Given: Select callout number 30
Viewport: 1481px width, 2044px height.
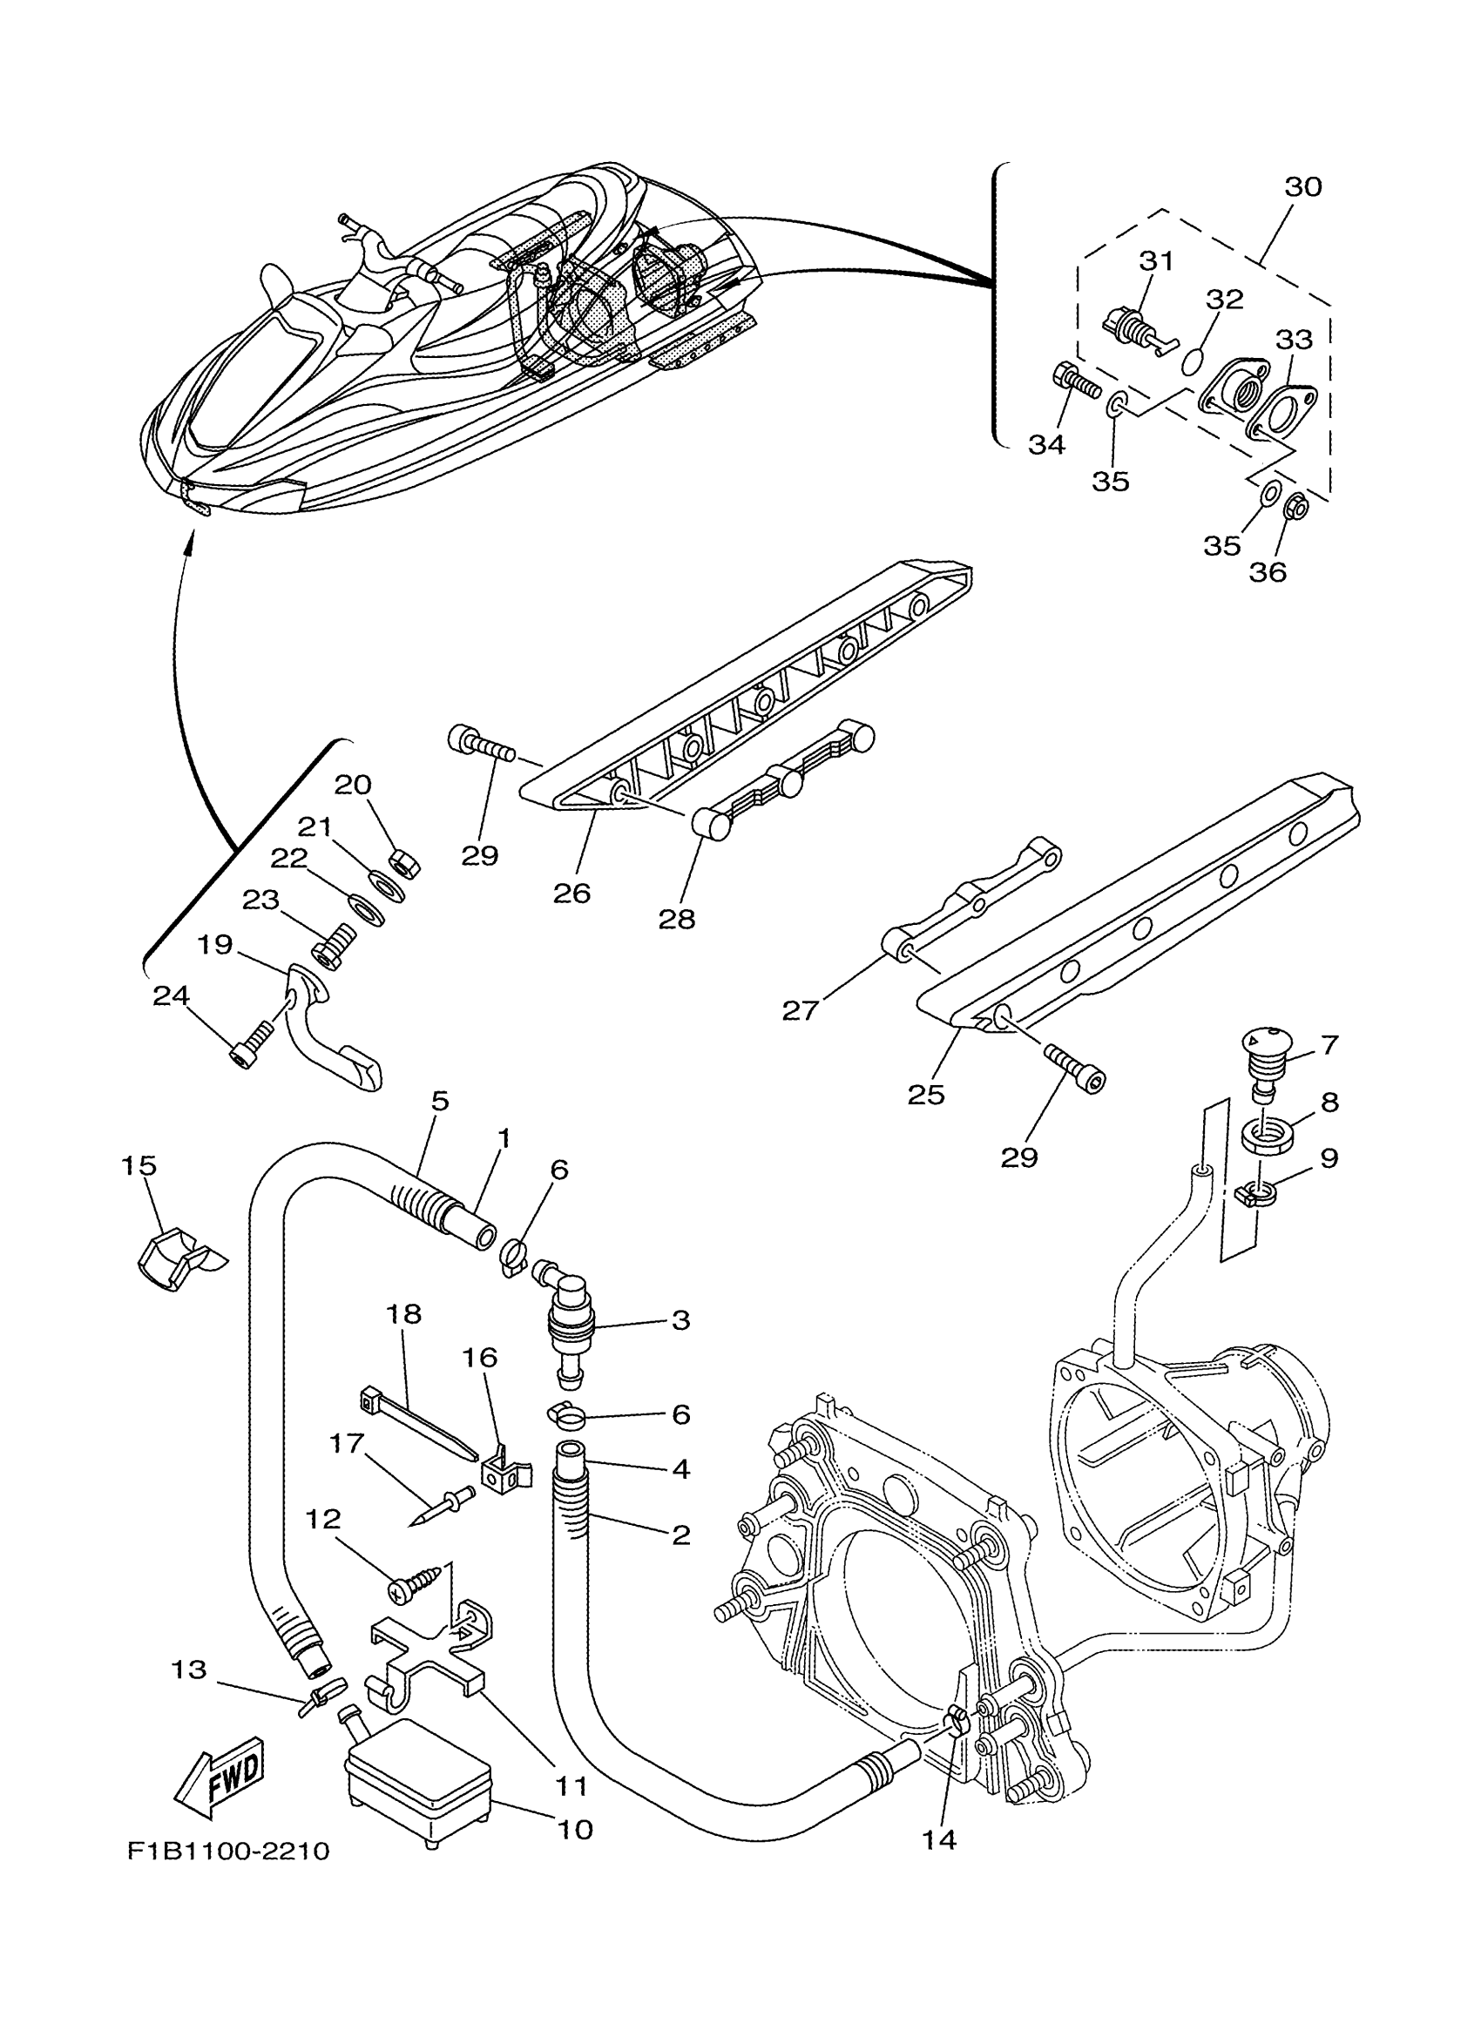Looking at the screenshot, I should pos(1302,186).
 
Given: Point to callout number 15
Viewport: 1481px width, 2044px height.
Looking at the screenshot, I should pos(139,1165).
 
